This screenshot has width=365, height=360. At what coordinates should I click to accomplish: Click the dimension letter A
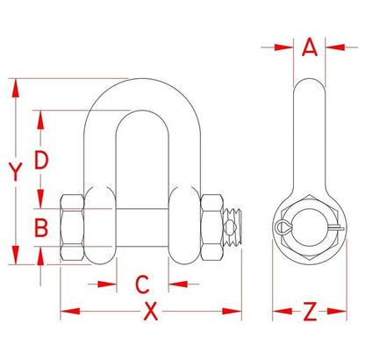click(x=308, y=48)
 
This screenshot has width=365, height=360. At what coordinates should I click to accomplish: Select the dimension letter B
click(x=40, y=228)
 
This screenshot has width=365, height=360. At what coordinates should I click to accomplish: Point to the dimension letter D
click(x=40, y=161)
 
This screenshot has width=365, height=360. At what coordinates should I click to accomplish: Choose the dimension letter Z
click(x=307, y=311)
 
